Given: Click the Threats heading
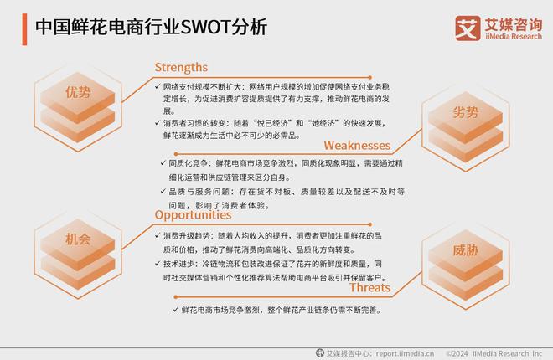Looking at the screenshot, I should (x=370, y=288).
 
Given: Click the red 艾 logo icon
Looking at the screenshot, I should (x=466, y=28).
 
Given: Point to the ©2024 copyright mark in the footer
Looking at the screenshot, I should (x=460, y=352).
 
